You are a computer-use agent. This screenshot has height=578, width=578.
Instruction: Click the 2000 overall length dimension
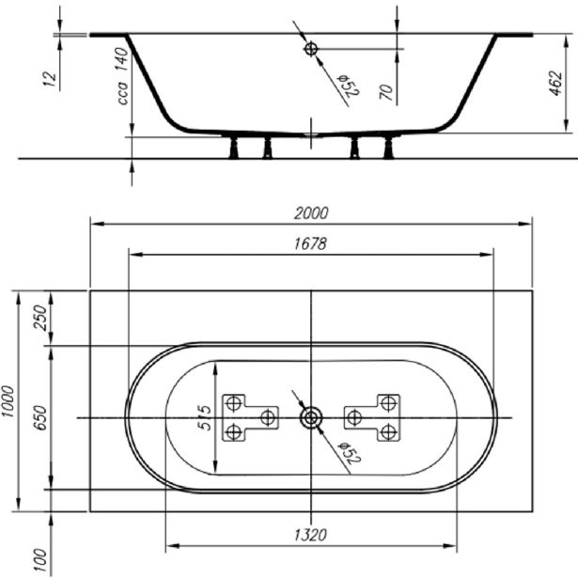coord(311,213)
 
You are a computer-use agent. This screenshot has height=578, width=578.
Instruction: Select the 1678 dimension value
coord(311,243)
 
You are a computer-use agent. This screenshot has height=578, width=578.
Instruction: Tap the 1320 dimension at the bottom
coord(311,535)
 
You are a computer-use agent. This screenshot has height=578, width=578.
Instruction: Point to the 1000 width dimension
coord(8,401)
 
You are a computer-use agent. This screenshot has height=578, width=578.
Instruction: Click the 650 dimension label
coord(39,417)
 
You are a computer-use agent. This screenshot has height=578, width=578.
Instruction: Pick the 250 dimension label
coord(39,318)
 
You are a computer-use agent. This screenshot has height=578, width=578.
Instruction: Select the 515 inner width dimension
coord(205,417)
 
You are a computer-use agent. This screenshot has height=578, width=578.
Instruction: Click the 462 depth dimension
coord(556,83)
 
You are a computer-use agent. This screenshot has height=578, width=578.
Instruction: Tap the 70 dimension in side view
coord(386,91)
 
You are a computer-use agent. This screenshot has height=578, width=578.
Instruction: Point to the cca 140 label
coord(122,76)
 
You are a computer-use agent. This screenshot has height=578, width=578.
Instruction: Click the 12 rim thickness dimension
coord(50,79)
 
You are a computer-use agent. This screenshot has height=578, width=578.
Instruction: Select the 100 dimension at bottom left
coord(39,560)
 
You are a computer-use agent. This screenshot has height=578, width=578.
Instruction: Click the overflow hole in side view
coord(311,49)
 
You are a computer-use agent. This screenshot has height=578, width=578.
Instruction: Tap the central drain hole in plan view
coord(311,417)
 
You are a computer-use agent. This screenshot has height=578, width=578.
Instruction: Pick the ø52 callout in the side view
coord(349,86)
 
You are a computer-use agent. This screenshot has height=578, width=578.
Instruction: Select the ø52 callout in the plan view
coord(350,453)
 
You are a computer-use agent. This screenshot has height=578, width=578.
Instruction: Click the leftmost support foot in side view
coord(234,148)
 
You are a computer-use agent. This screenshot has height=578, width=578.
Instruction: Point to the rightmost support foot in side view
coord(388,148)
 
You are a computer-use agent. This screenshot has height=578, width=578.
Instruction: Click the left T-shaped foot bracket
coord(250,417)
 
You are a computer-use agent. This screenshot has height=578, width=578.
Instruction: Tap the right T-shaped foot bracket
coord(372,417)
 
